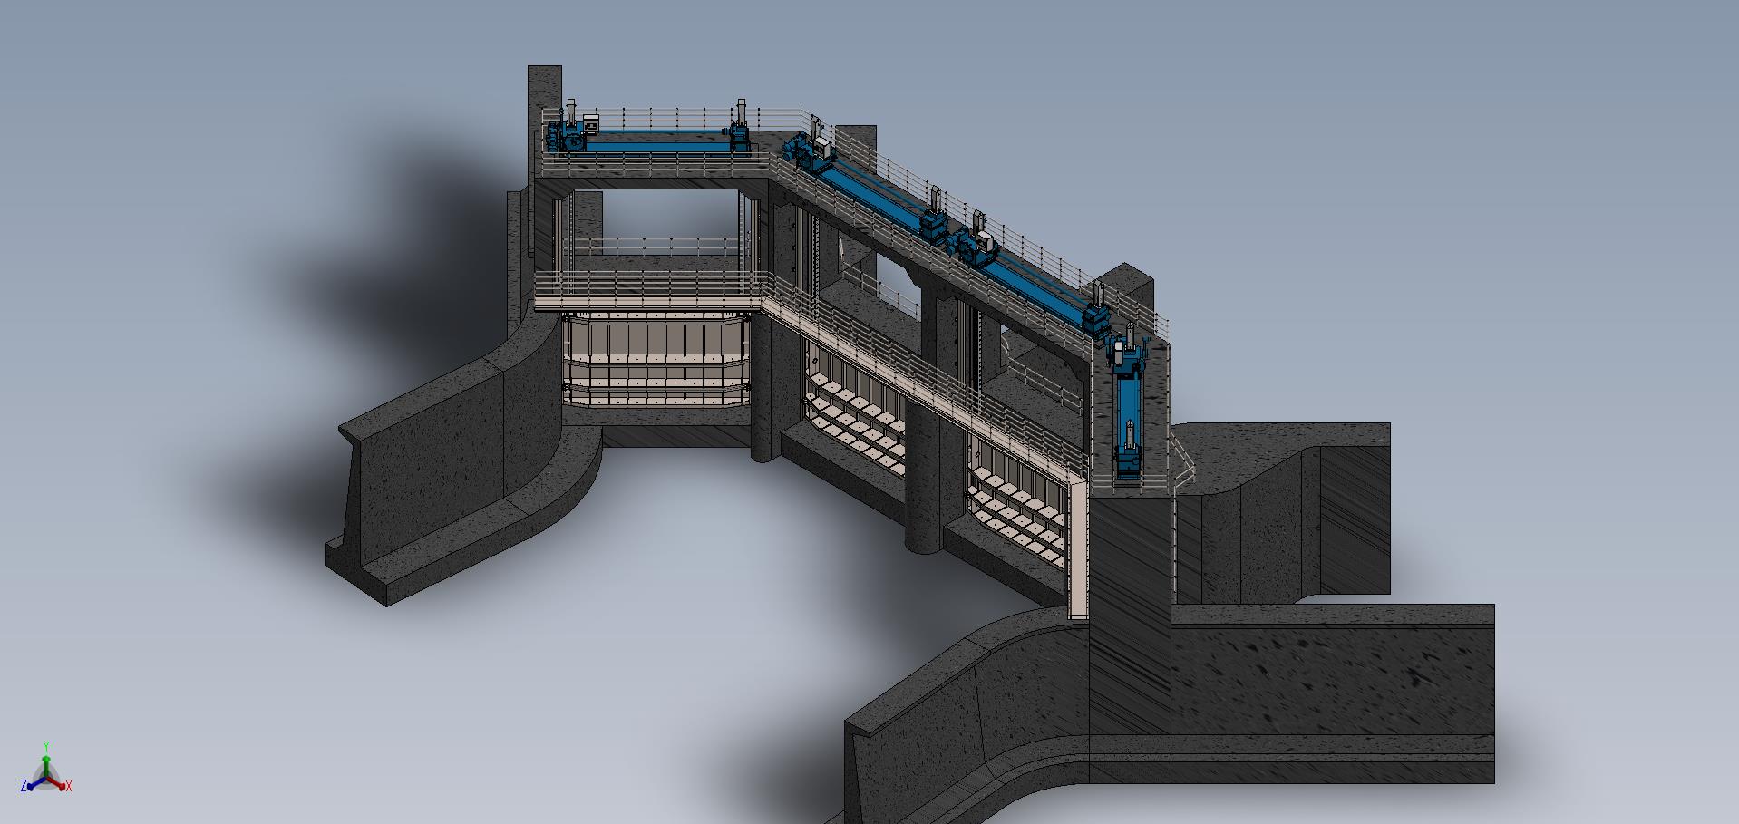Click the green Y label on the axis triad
pos(46,748)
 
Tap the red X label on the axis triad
pos(69,786)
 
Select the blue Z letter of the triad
pos(24,786)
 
